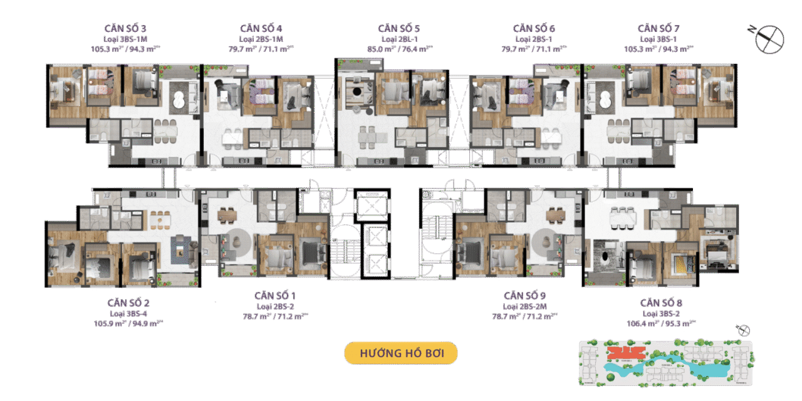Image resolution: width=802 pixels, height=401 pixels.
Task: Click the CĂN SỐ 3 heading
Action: tap(127, 29)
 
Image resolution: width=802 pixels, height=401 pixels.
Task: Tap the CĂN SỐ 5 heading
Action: tap(398, 29)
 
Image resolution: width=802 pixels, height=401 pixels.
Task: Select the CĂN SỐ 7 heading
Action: tap(659, 29)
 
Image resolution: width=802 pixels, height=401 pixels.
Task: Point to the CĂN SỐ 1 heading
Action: tap(275, 295)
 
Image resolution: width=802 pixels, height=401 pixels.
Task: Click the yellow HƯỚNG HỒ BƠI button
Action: tap(401, 353)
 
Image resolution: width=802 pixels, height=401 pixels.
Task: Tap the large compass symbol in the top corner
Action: tap(768, 39)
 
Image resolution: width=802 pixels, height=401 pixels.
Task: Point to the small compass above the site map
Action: tap(743, 331)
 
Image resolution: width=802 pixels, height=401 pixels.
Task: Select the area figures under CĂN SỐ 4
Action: tap(261, 48)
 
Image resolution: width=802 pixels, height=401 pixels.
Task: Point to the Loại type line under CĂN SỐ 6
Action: tap(534, 39)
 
